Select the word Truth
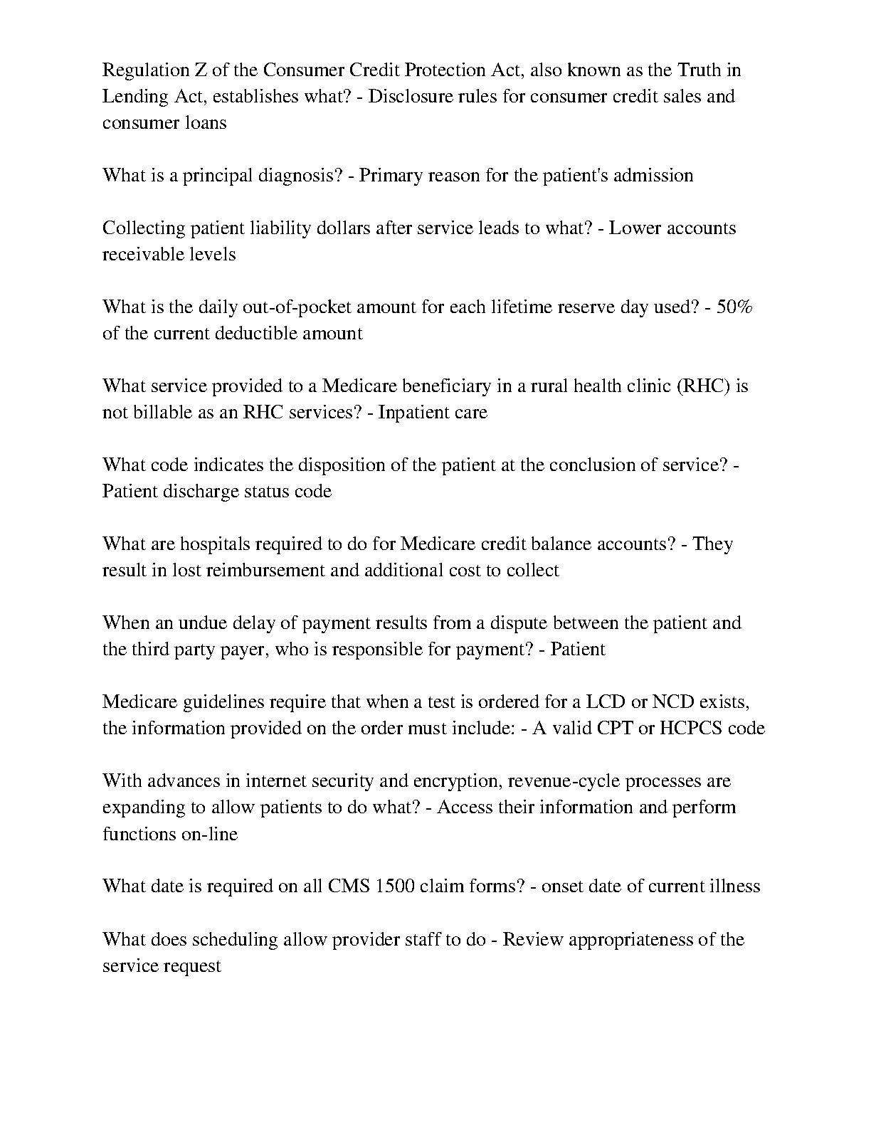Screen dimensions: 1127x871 (x=700, y=70)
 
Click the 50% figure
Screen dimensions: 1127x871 (x=735, y=307)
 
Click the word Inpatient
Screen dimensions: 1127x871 (x=411, y=413)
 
